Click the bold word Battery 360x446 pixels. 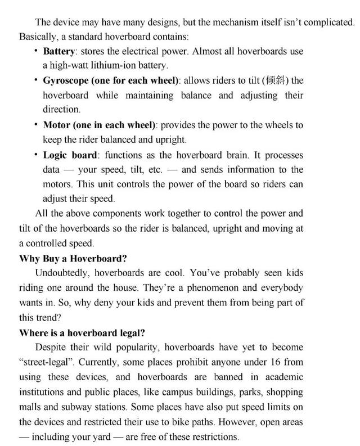pos(60,52)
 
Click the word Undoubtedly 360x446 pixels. pos(62,273)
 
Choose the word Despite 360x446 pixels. pos(51,347)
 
